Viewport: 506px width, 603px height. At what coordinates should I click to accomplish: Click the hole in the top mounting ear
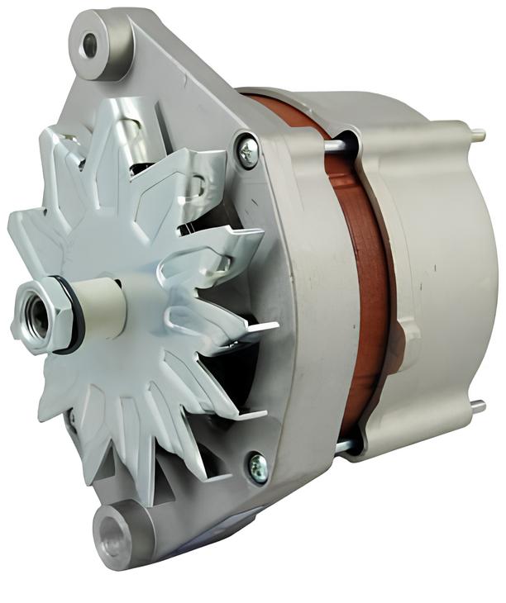[x=88, y=45]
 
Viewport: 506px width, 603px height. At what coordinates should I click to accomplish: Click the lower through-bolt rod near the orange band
[x=346, y=446]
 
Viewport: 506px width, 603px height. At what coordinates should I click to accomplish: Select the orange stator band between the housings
[x=364, y=281]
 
